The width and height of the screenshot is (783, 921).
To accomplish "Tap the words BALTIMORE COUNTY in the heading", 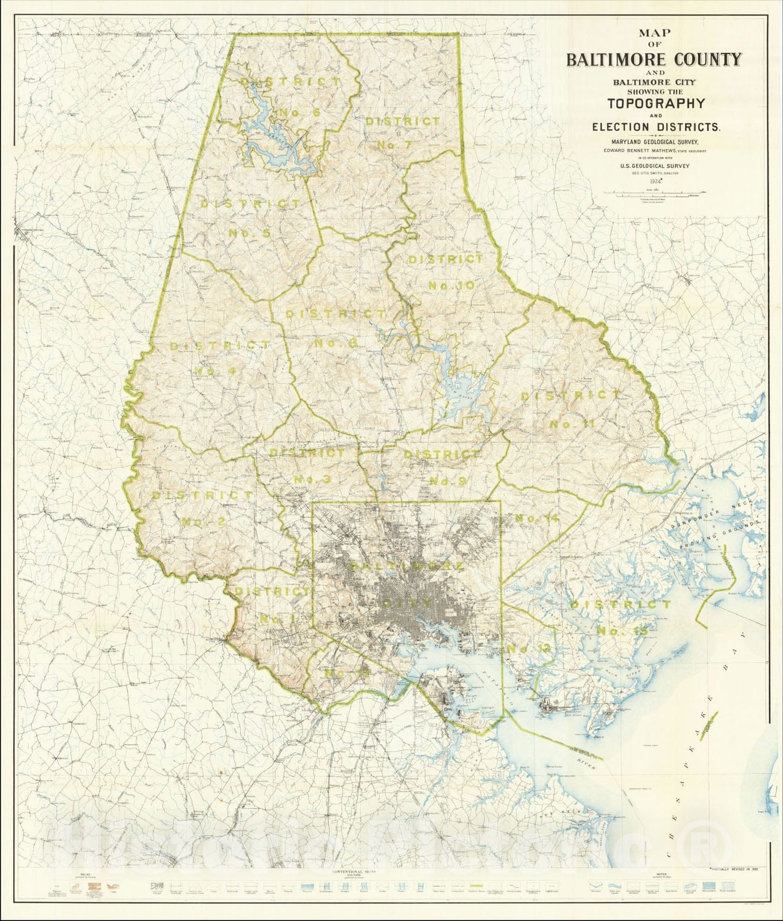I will coord(654,59).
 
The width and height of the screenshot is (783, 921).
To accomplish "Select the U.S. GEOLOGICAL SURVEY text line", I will coord(654,166).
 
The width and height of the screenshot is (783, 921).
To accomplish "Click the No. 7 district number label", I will coord(395,144).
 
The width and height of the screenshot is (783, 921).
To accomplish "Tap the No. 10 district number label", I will coord(452,286).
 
